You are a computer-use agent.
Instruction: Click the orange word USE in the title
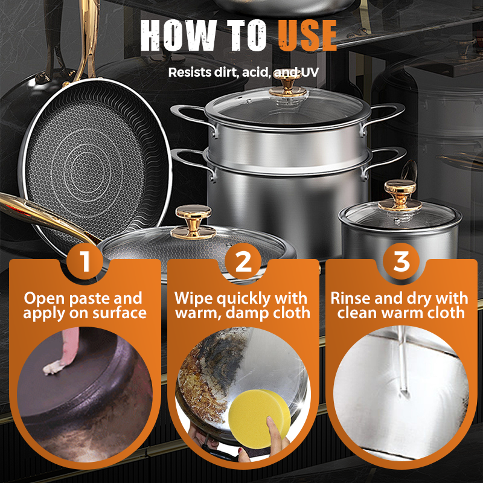[307, 35]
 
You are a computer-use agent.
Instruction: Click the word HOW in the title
[178, 35]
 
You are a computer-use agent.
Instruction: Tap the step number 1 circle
[85, 261]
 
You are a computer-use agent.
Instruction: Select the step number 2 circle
[243, 261]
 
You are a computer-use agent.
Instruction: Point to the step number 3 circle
[401, 261]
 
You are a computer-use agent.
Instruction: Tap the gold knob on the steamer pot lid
[288, 86]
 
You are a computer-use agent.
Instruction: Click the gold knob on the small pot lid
[400, 195]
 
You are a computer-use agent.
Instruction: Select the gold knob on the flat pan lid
[193, 222]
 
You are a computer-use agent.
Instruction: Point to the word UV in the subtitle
[310, 72]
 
